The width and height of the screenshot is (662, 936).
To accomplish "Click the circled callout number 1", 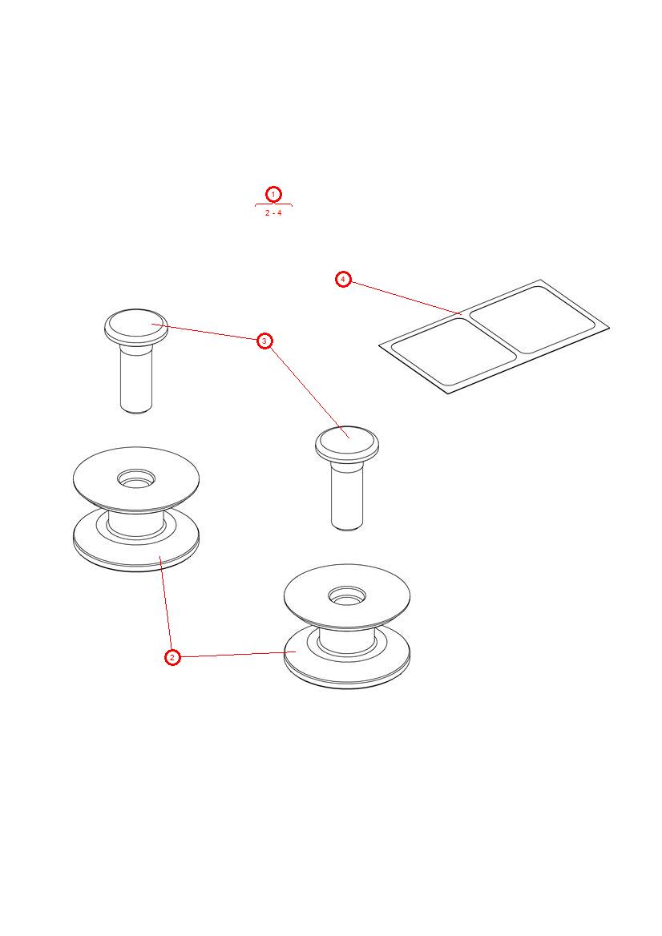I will pyautogui.click(x=273, y=195).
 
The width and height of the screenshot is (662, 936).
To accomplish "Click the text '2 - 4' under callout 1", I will pyautogui.click(x=273, y=213).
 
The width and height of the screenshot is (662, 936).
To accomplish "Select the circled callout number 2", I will pyautogui.click(x=172, y=657).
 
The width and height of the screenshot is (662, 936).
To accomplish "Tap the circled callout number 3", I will pyautogui.click(x=265, y=341).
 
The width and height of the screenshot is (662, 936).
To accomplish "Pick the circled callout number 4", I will pyautogui.click(x=343, y=279).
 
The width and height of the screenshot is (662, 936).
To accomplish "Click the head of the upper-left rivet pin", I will pyautogui.click(x=135, y=325).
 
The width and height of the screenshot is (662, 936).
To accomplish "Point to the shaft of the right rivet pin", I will pyautogui.click(x=347, y=496).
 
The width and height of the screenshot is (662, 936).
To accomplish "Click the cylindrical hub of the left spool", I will pyautogui.click(x=136, y=525).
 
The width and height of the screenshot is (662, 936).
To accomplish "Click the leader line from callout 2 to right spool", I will pyautogui.click(x=232, y=655).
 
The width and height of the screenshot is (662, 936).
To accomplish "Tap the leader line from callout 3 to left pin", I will pyautogui.click(x=208, y=333).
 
